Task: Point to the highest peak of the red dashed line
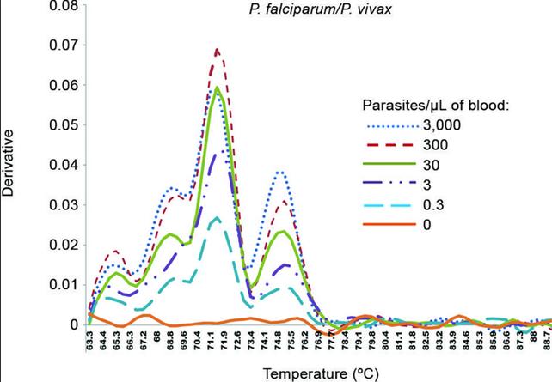217,50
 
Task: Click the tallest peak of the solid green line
217,88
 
